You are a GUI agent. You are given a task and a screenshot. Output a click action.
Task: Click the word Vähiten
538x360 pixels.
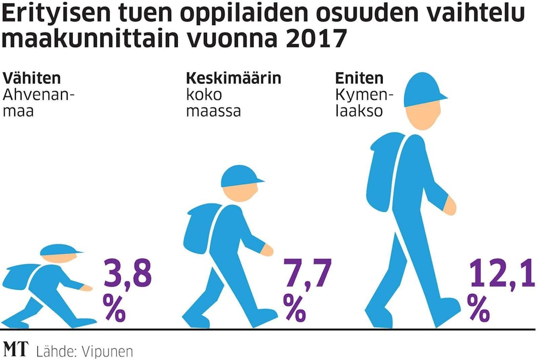point(32,78)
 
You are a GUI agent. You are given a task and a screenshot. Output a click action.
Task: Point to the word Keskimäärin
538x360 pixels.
point(233,78)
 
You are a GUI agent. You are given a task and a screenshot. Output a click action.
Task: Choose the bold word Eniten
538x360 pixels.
point(359,78)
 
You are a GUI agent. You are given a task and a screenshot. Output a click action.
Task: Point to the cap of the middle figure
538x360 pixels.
point(241,176)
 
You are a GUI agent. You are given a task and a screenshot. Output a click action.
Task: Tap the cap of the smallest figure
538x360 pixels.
point(61,250)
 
